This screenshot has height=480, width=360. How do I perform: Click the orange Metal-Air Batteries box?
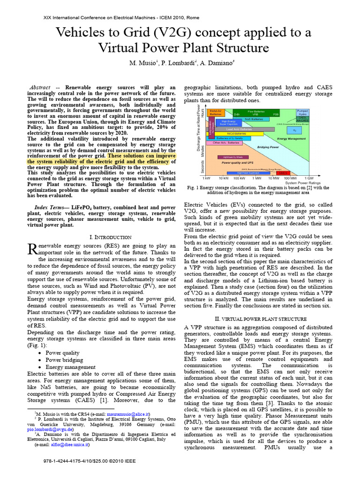coord(216,112)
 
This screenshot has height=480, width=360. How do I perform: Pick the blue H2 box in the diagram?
coord(294,130)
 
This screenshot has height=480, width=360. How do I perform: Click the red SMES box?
coord(283,173)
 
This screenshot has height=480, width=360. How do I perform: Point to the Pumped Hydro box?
coord(302,112)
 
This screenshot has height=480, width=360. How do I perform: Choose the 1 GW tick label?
coord(308,179)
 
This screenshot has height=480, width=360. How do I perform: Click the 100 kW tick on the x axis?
coord(239,179)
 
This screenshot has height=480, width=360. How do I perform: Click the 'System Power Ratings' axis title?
coord(300,183)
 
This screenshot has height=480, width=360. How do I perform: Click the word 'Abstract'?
coord(40,88)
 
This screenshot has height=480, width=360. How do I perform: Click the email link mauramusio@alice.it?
coord(127,414)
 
